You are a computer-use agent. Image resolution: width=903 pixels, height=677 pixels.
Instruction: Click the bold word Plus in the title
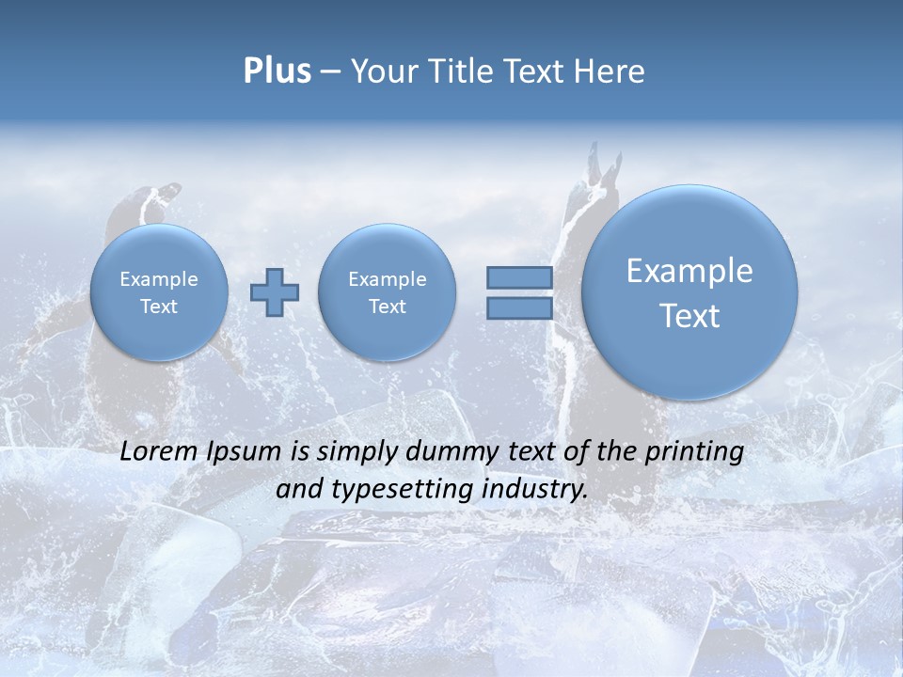point(277,71)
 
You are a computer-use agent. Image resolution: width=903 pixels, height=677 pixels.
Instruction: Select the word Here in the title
point(610,71)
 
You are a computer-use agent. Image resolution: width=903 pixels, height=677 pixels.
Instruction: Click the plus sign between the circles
point(275,291)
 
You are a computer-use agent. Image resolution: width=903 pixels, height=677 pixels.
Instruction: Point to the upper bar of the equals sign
point(519,277)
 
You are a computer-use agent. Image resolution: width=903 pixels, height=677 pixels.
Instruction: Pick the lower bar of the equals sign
point(519,308)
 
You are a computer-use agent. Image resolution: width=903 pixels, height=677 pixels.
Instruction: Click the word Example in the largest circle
point(689,271)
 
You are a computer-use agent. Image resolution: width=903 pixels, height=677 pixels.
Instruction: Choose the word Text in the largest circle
point(689,316)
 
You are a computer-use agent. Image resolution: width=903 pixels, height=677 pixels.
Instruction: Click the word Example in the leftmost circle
point(159,279)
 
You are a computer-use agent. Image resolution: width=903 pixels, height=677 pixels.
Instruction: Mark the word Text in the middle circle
point(387,307)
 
